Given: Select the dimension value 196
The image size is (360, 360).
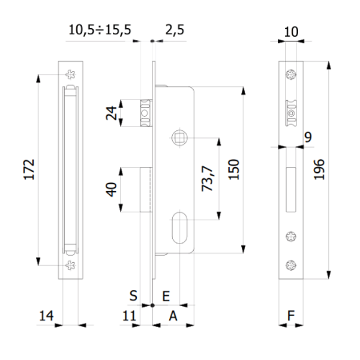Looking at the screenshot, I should click(319, 170).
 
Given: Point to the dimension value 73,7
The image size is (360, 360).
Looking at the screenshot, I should click(208, 178).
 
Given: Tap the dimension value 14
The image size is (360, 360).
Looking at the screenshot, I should click(45, 316).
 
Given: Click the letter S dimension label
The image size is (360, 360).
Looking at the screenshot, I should click(134, 296).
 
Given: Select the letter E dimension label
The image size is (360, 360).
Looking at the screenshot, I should click(167, 296).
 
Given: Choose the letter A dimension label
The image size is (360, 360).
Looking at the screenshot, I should click(172, 316).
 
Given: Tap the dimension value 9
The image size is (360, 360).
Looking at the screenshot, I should click(308, 137).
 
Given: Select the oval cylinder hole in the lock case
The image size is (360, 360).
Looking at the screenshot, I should click(179, 227).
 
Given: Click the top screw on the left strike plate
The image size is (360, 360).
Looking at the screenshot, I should click(71, 74).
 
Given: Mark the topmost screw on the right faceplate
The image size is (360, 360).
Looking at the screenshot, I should click(292, 75).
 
